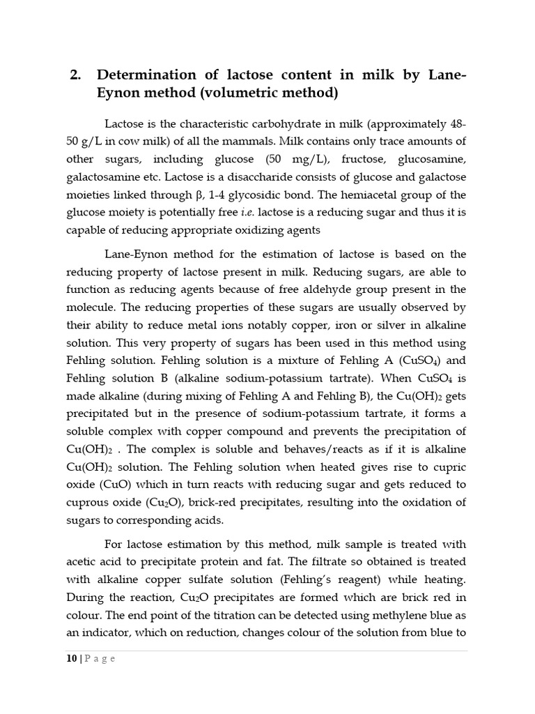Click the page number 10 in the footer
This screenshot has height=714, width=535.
click(72, 659)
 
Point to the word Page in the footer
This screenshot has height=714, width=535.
click(100, 659)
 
